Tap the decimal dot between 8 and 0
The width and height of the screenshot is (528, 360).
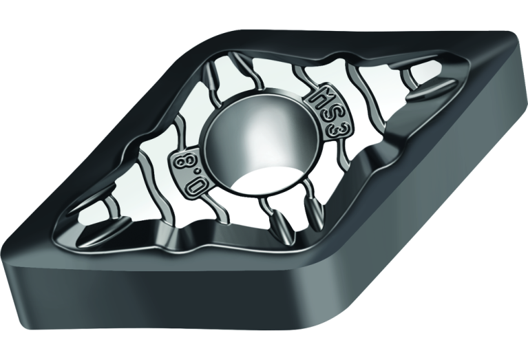pos(189,175)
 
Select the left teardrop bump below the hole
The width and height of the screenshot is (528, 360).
pos(281,224)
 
